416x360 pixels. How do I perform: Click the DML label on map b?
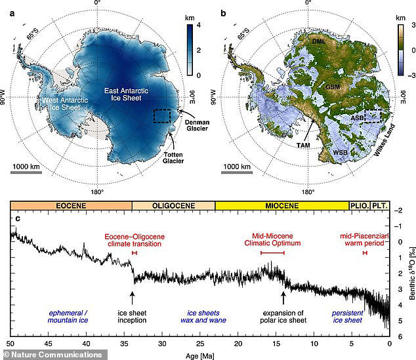point(320,41)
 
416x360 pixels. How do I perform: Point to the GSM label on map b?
point(334,87)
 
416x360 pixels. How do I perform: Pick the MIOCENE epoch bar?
point(281,205)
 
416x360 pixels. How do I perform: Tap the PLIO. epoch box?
point(360,205)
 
